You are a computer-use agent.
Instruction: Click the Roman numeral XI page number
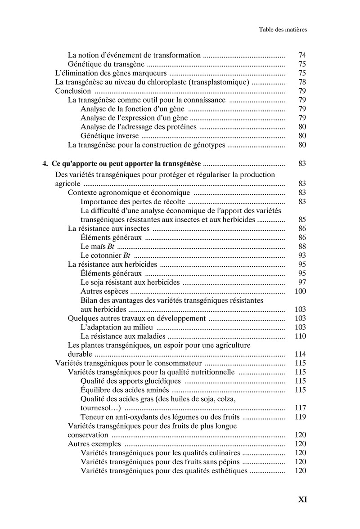pos(302,499)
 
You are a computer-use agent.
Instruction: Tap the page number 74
pos(302,55)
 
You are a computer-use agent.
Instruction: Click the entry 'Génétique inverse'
pos(110,136)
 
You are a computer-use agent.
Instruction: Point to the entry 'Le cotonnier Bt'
pos(102,256)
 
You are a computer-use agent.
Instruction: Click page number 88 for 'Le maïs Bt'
pos(302,247)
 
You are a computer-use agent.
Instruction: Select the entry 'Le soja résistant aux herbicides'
pos(130,282)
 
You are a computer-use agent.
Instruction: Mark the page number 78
pos(302,82)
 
